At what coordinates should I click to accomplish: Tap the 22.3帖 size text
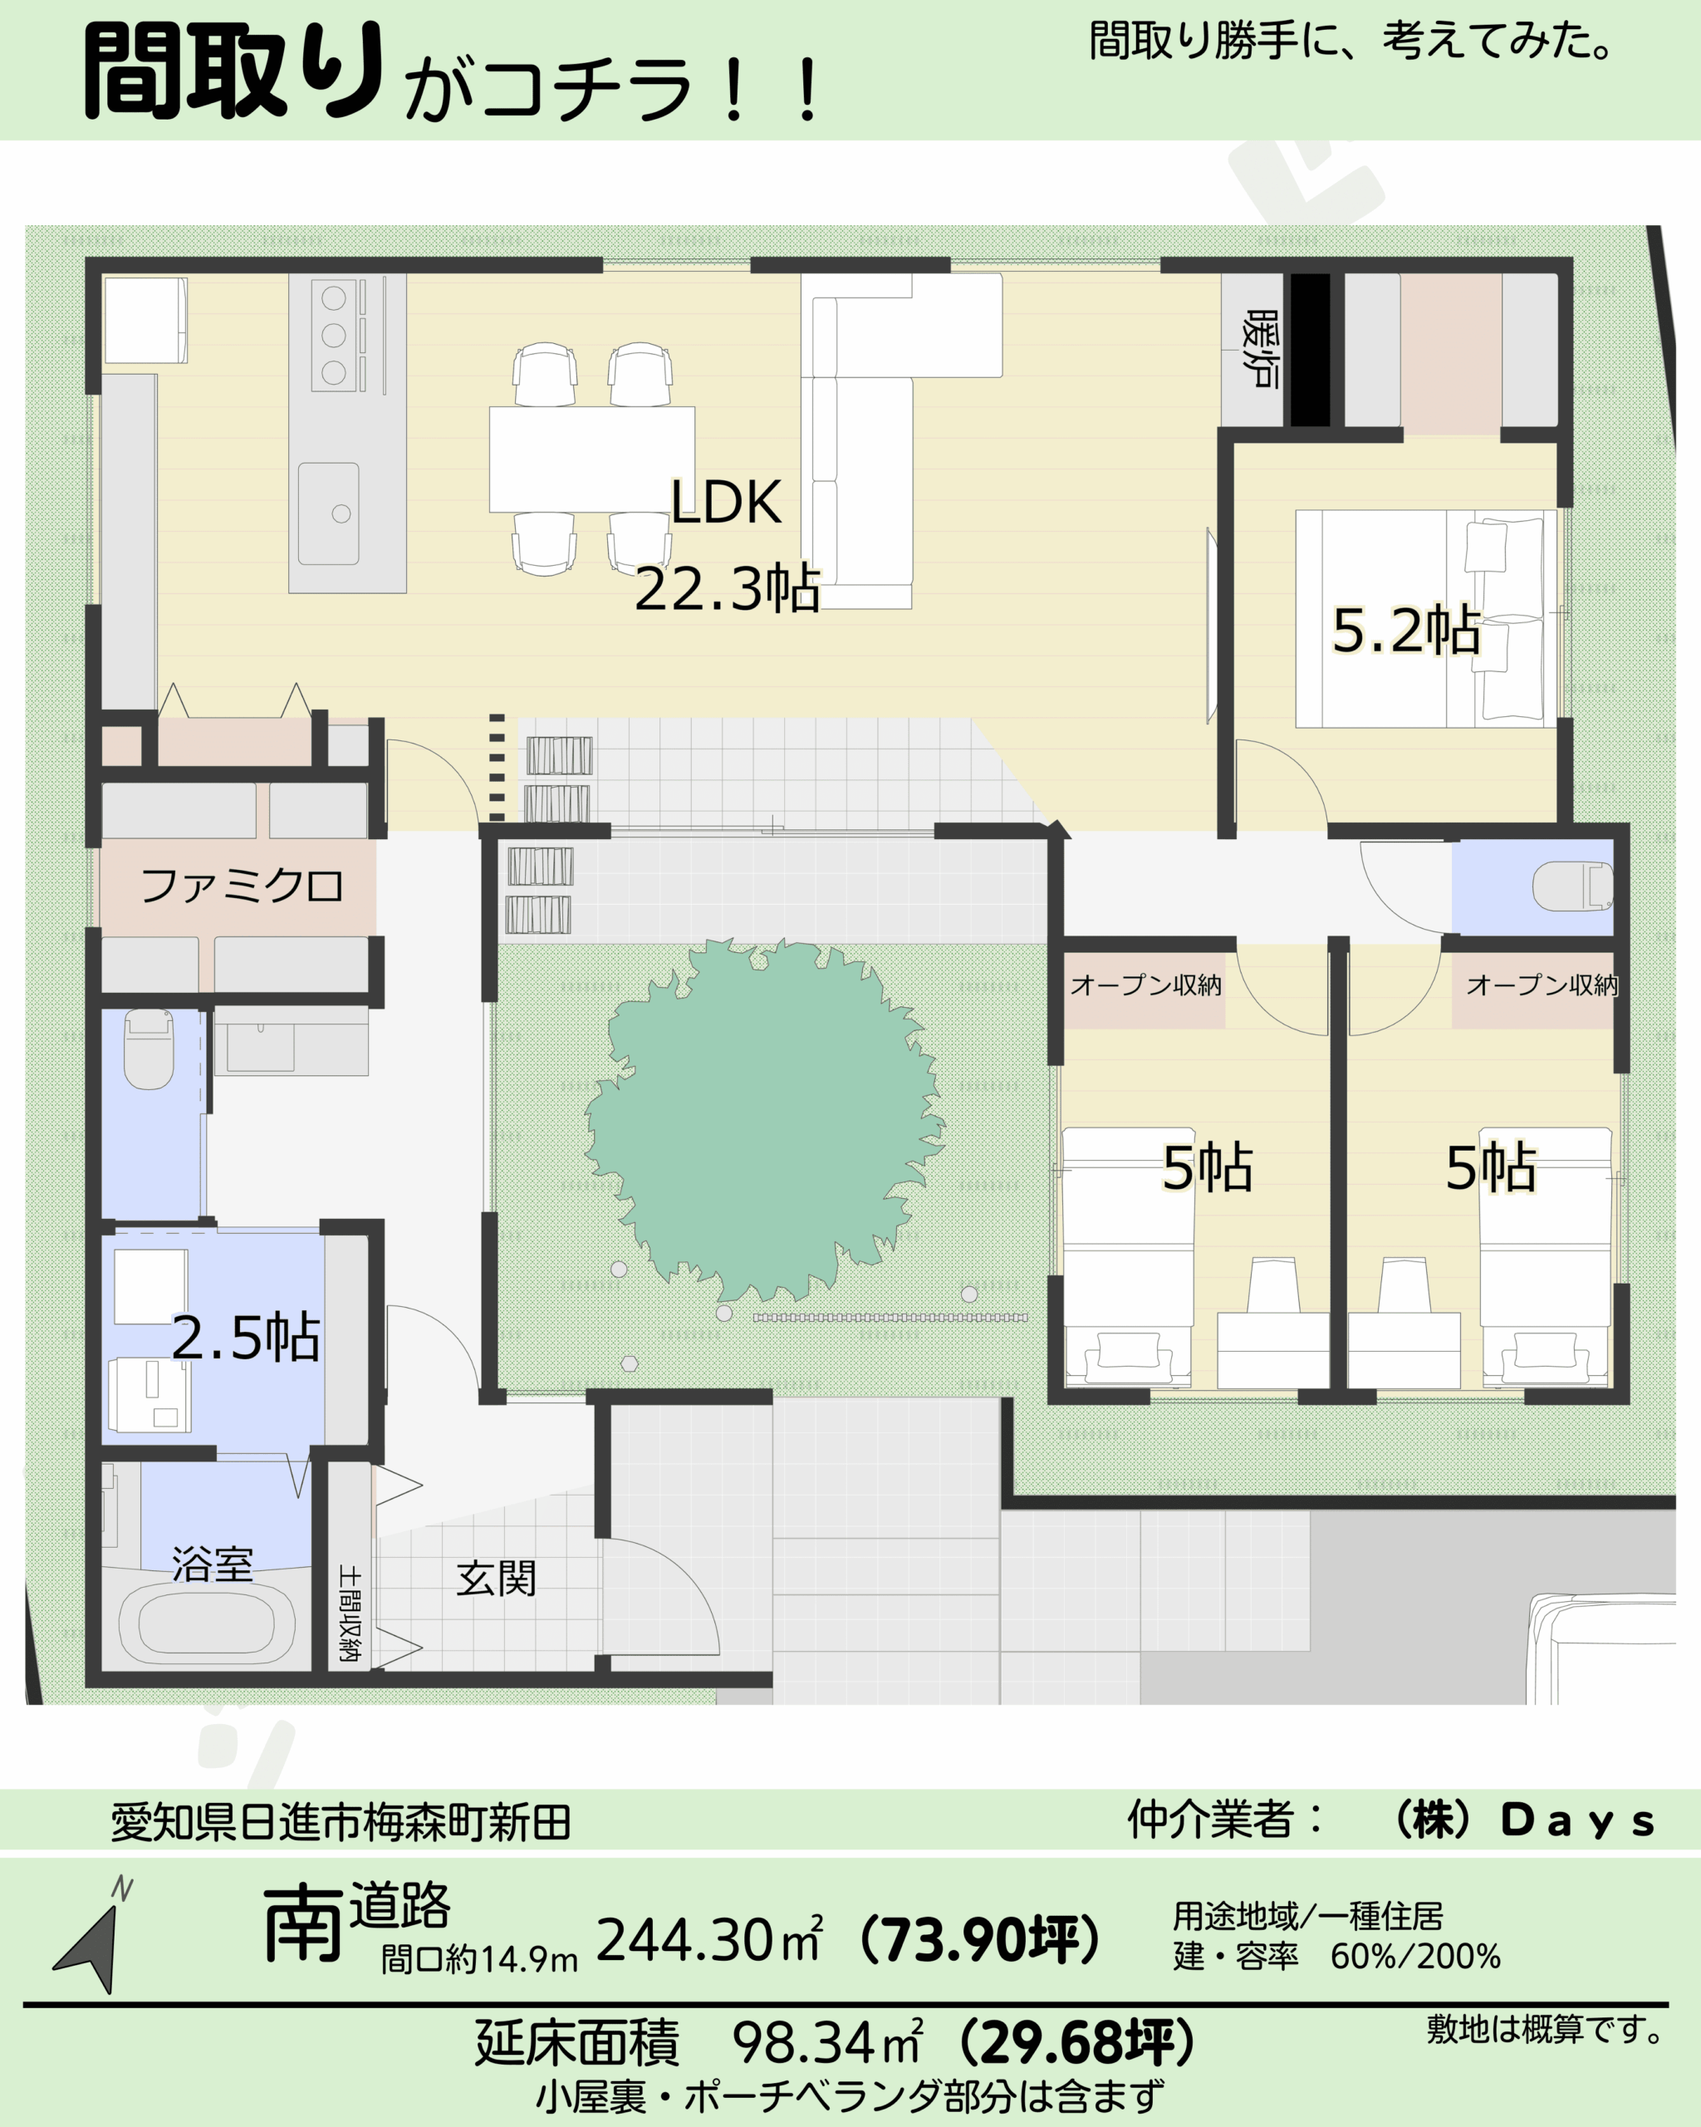tap(727, 589)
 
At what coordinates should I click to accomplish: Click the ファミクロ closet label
tap(242, 886)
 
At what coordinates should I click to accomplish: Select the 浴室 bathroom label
tap(212, 1565)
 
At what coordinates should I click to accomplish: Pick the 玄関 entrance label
tap(496, 1579)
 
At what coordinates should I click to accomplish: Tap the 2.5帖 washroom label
tap(246, 1338)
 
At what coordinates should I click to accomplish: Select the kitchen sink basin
tap(328, 513)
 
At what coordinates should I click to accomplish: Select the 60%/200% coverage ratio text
tap(1415, 1957)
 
